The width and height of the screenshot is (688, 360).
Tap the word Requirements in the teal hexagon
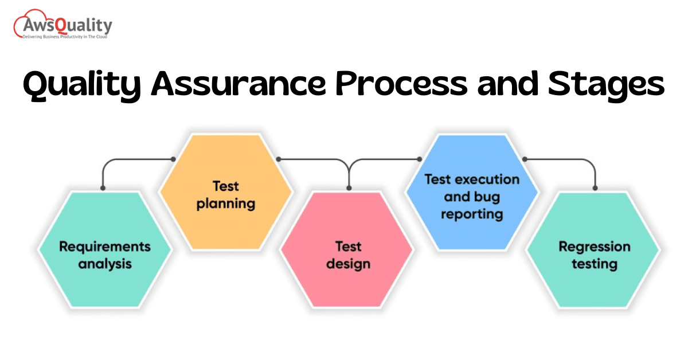(x=105, y=246)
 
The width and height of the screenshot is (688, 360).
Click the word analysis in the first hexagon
(x=105, y=264)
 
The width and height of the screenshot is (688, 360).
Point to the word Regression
(x=594, y=246)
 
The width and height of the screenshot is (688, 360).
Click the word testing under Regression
(x=594, y=264)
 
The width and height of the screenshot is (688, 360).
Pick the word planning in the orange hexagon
(x=225, y=203)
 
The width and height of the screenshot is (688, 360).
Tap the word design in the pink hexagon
(x=348, y=264)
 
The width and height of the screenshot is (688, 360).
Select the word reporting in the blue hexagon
(x=472, y=214)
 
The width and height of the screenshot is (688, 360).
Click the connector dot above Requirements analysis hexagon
(x=103, y=187)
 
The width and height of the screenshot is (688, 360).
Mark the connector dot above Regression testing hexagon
(x=595, y=187)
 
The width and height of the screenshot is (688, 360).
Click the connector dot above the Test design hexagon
(x=349, y=187)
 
